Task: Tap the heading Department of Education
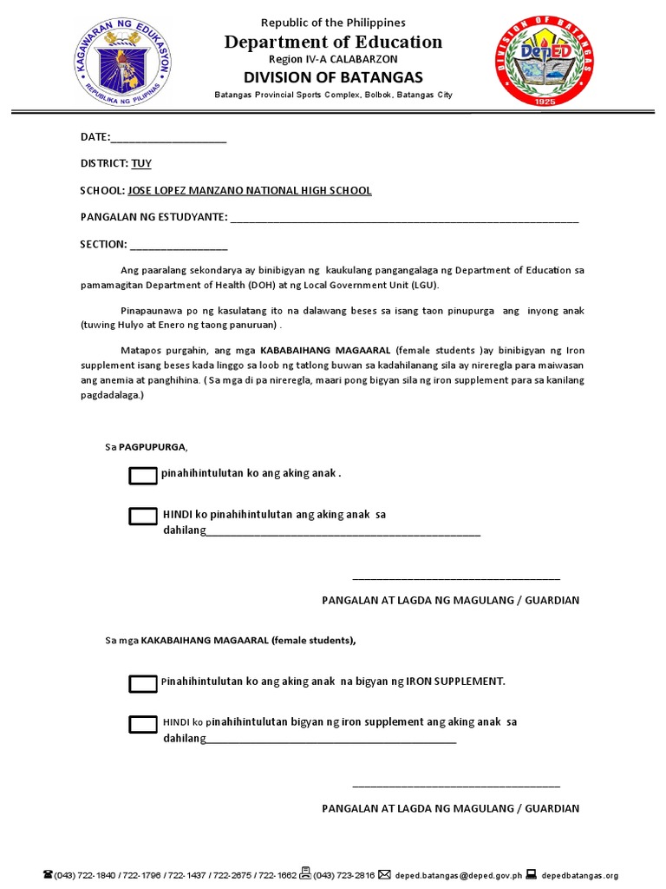click(334, 42)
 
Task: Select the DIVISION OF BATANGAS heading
click(334, 77)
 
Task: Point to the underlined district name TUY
click(141, 163)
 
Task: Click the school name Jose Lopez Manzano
click(250, 190)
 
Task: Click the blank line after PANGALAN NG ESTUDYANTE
click(404, 218)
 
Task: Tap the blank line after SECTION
click(179, 245)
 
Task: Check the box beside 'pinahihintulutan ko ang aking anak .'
click(142, 475)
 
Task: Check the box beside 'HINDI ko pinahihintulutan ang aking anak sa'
click(142, 516)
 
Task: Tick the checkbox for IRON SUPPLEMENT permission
click(142, 684)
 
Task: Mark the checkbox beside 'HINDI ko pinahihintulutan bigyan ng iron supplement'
click(142, 724)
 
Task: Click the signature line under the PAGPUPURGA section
click(456, 576)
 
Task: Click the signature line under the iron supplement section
click(456, 785)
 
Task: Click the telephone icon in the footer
click(47, 875)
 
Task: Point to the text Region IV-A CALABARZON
click(333, 59)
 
